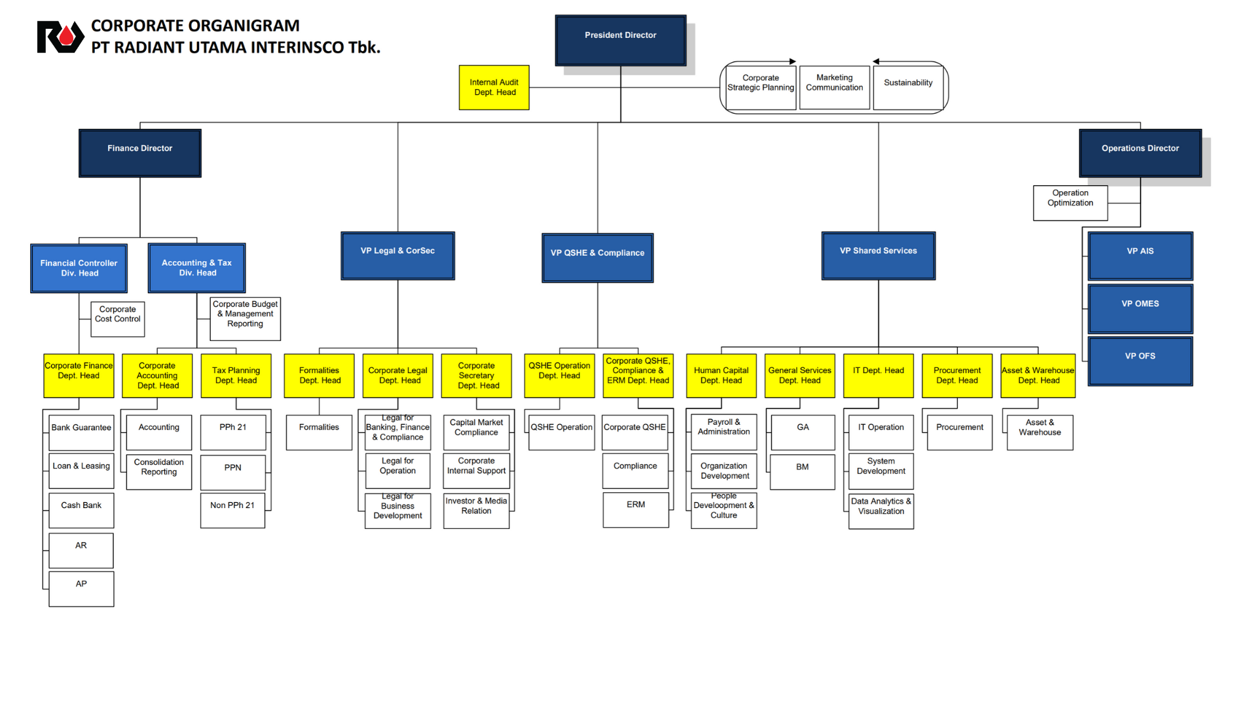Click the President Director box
pyautogui.click(x=620, y=40)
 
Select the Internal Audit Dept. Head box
pyautogui.click(x=494, y=87)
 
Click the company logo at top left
pyautogui.click(x=60, y=37)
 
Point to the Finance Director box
pyautogui.click(x=139, y=153)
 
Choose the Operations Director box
pyautogui.click(x=1140, y=153)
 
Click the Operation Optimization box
pyautogui.click(x=1070, y=202)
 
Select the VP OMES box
pyautogui.click(x=1140, y=308)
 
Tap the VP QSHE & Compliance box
pyautogui.click(x=597, y=257)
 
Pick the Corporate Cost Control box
pyautogui.click(x=117, y=318)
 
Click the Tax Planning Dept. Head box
pyautogui.click(x=236, y=375)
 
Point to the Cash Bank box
pyautogui.click(x=81, y=510)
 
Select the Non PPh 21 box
pyautogui.click(x=232, y=510)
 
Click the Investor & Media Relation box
pyautogui.click(x=476, y=510)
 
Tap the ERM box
pyautogui.click(x=636, y=509)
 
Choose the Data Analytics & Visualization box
pyautogui.click(x=881, y=511)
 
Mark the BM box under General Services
pyautogui.click(x=802, y=471)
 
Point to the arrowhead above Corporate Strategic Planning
pyautogui.click(x=792, y=62)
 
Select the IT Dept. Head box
pyautogui.click(x=878, y=375)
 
